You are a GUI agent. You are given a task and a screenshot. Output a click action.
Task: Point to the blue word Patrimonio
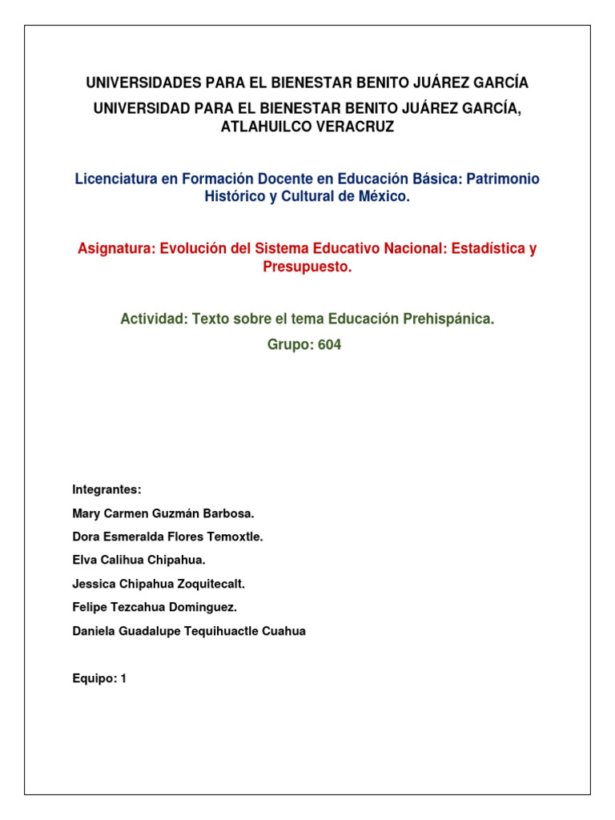point(500,179)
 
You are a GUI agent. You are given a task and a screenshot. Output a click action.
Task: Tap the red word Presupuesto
point(307,267)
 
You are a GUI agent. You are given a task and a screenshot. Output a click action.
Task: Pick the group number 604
point(328,346)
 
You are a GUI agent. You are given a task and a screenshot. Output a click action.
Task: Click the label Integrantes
point(107,489)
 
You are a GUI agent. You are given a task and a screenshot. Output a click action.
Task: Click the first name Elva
point(83,561)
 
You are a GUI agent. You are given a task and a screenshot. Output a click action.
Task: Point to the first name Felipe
point(88,608)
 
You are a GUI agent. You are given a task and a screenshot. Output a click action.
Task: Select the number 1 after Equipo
point(123,679)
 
